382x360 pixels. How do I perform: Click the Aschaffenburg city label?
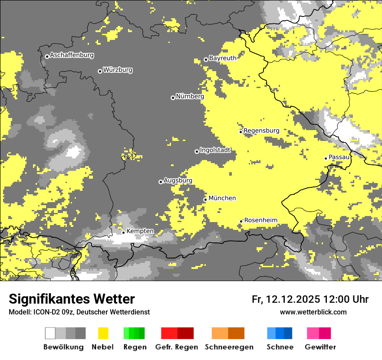click(x=72, y=56)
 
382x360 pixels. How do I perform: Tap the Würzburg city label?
click(x=118, y=70)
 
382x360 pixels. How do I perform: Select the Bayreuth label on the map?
click(x=223, y=58)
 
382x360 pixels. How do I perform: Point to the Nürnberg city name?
click(x=190, y=97)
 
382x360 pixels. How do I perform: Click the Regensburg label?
click(x=261, y=131)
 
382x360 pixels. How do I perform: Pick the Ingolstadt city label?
click(x=215, y=151)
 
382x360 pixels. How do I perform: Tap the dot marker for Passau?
click(x=326, y=158)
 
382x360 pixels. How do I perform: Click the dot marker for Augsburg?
click(x=161, y=182)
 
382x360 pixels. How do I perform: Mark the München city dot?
click(x=205, y=200)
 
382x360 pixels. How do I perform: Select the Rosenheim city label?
click(x=260, y=220)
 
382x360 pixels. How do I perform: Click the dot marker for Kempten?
click(x=123, y=232)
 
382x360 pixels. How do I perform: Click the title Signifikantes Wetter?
click(x=72, y=299)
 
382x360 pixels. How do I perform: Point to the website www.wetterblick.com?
click(x=313, y=312)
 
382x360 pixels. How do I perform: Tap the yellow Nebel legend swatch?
click(x=103, y=333)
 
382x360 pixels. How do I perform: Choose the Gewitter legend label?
click(x=320, y=347)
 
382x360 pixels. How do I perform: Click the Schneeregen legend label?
click(x=229, y=347)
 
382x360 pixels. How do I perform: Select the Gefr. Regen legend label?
click(x=176, y=347)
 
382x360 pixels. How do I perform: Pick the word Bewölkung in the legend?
click(x=63, y=347)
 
